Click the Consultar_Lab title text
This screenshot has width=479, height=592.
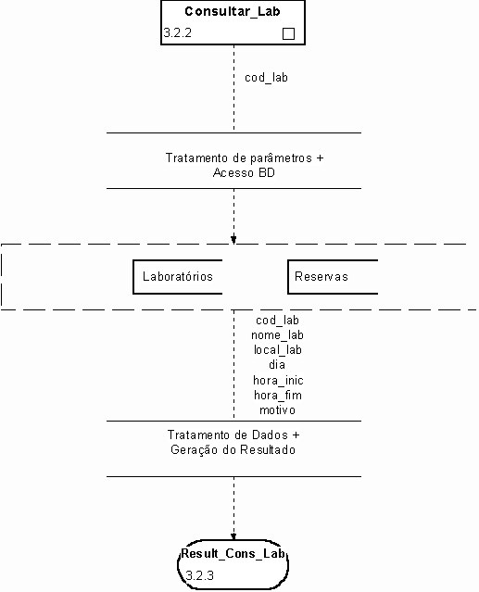[x=233, y=12]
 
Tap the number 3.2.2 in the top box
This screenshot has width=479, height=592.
[x=177, y=32]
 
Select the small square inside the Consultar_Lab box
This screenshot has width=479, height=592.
[x=288, y=34]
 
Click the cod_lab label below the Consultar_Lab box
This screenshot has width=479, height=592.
[x=266, y=78]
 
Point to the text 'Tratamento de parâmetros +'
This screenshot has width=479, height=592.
[x=245, y=157]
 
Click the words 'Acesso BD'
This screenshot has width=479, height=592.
[x=244, y=173]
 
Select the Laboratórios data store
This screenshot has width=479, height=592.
[x=178, y=277]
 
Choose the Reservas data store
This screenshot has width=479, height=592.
[x=333, y=277]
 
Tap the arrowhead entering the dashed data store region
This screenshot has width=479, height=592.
[x=233, y=239]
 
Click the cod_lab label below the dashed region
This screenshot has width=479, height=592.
[x=277, y=321]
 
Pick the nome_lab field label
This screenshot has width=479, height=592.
[x=277, y=335]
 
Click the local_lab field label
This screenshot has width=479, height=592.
[x=278, y=350]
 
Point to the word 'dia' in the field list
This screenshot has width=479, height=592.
[x=277, y=365]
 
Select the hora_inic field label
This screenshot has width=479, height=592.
[x=278, y=380]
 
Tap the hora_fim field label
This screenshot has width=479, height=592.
[x=278, y=396]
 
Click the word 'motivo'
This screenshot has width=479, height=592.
[x=277, y=410]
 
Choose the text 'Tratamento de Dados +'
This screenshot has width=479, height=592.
[x=233, y=435]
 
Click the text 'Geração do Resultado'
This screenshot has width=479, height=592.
[x=233, y=450]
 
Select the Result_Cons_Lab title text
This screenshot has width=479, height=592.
[x=233, y=554]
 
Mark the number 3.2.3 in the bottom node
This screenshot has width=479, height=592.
[x=200, y=575]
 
